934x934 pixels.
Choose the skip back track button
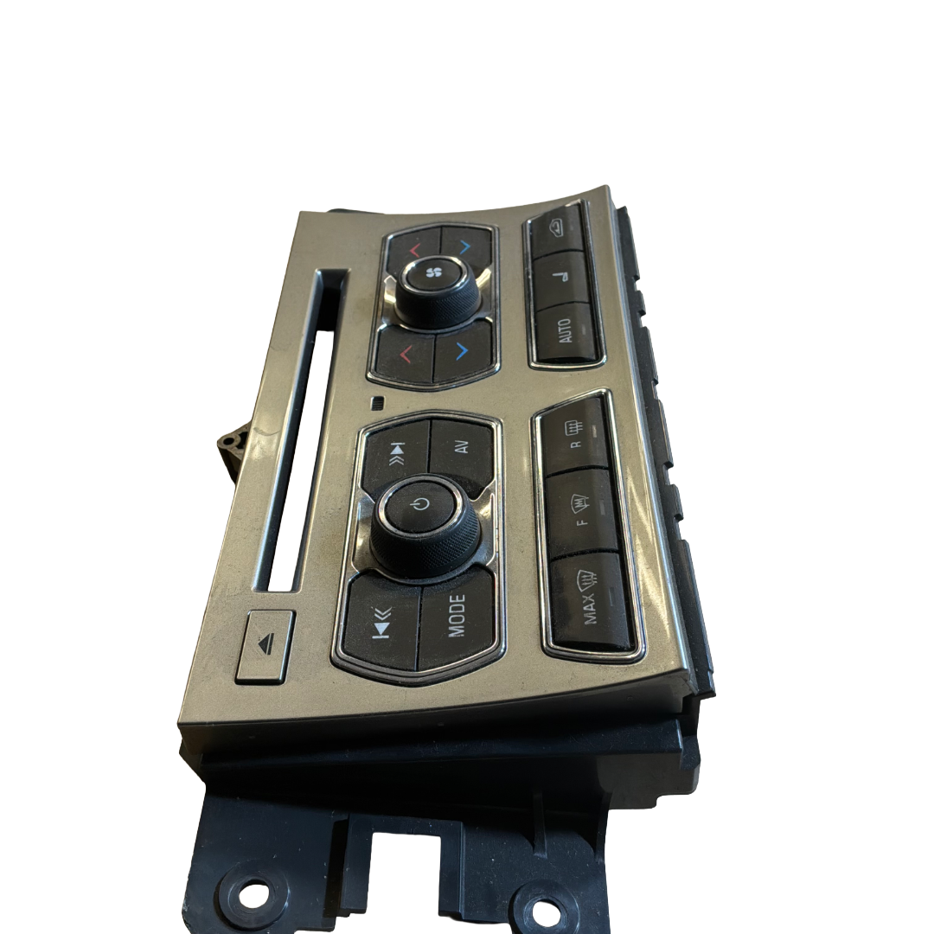(x=382, y=625)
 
